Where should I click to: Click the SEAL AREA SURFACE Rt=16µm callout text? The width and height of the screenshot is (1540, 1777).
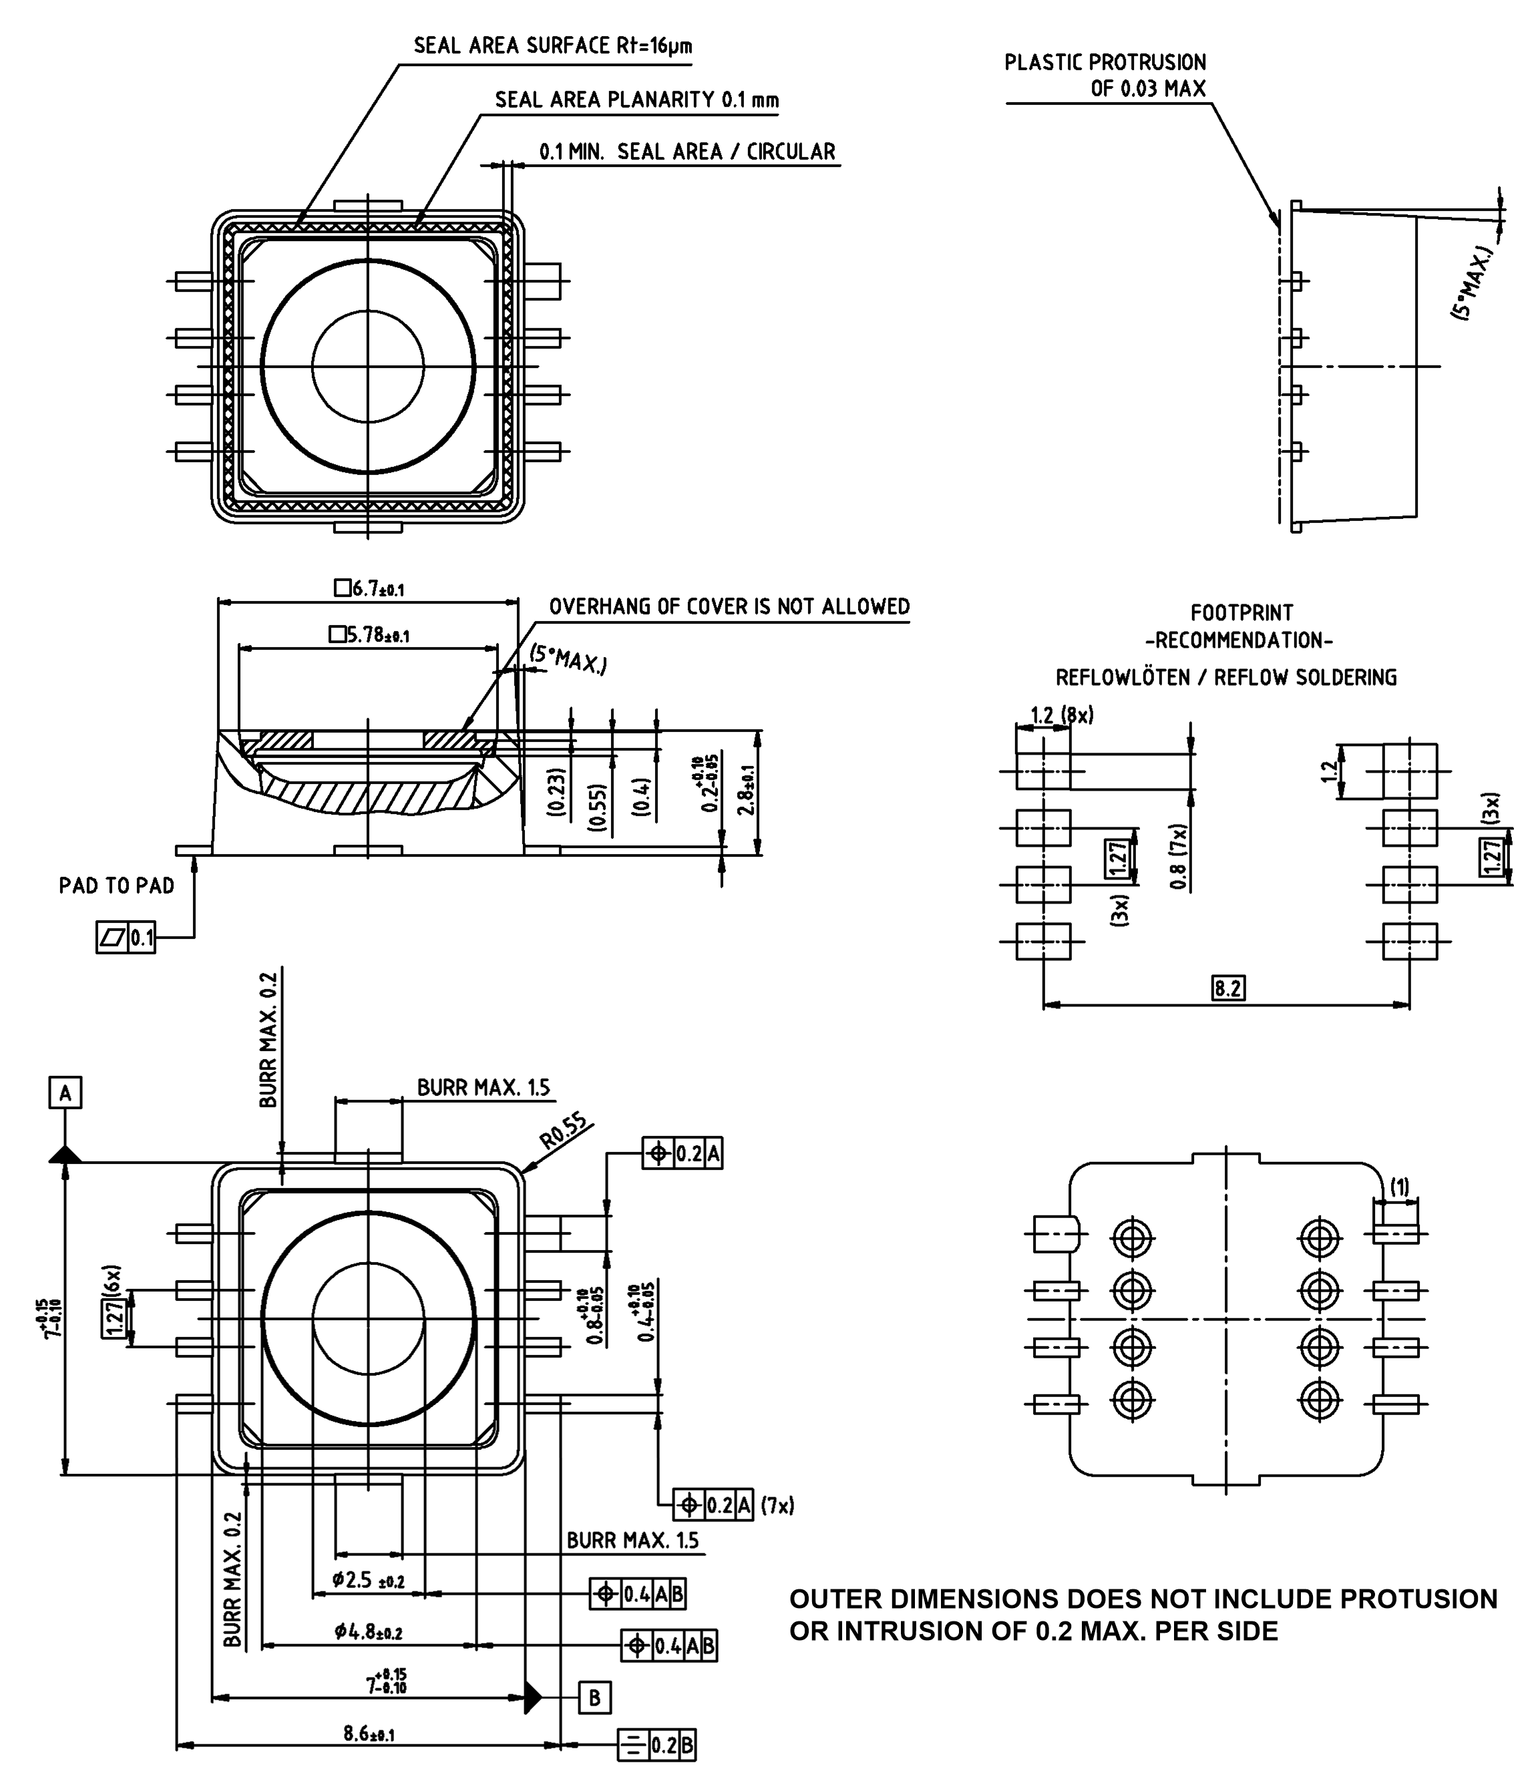pyautogui.click(x=552, y=45)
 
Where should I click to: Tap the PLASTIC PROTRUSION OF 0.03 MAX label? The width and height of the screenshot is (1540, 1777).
pyautogui.click(x=1105, y=75)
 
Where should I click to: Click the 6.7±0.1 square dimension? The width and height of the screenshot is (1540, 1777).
pyautogui.click(x=369, y=588)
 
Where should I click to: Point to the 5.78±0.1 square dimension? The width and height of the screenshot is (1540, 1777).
pyautogui.click(x=369, y=635)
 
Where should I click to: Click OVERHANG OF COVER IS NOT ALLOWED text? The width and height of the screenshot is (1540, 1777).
pyautogui.click(x=729, y=606)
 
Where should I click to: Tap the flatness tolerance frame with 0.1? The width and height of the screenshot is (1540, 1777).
pyautogui.click(x=126, y=938)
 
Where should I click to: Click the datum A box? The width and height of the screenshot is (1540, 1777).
pyautogui.click(x=65, y=1094)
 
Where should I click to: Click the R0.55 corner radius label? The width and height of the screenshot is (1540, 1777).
pyautogui.click(x=564, y=1131)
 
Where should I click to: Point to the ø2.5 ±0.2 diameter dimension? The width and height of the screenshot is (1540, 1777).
pyautogui.click(x=369, y=1580)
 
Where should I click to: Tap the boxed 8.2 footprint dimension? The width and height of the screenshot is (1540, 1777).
pyautogui.click(x=1228, y=988)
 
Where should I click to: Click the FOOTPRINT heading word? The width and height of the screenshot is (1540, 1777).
pyautogui.click(x=1241, y=612)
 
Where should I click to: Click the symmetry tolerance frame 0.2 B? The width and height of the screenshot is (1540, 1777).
pyautogui.click(x=656, y=1745)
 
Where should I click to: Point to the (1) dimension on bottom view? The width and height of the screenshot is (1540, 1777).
pyautogui.click(x=1400, y=1187)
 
